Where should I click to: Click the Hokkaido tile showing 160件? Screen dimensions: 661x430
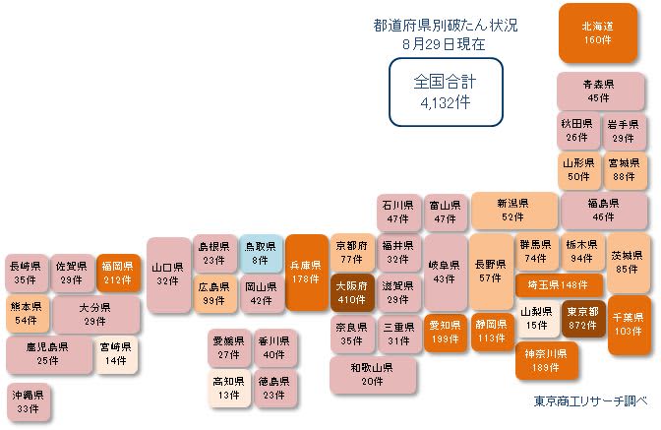[598, 32]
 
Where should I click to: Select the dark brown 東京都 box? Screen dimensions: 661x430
[583, 318]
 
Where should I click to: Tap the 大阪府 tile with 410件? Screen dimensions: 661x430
[351, 293]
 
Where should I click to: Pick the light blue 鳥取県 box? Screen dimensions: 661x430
[261, 253]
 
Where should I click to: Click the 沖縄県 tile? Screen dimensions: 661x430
[28, 401]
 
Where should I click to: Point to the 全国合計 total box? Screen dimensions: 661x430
[446, 92]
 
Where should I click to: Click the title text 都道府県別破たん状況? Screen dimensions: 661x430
[446, 26]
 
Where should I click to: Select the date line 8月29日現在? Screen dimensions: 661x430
[444, 44]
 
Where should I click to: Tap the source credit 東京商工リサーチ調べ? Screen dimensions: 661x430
[590, 400]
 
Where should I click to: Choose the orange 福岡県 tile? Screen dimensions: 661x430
[118, 273]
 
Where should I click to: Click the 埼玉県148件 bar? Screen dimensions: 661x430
[559, 285]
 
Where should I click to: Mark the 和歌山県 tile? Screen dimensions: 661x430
[373, 375]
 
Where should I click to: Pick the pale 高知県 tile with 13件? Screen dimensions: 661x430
[229, 389]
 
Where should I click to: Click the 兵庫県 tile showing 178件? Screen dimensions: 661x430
[307, 273]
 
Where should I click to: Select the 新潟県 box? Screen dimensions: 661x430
[513, 211]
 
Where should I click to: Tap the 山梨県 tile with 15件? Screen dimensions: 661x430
[537, 318]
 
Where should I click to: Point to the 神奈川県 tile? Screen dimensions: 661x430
[546, 360]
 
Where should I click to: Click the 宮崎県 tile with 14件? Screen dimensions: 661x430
[116, 354]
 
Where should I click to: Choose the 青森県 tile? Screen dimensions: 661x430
[600, 92]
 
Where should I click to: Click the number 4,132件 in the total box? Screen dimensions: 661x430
[446, 102]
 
